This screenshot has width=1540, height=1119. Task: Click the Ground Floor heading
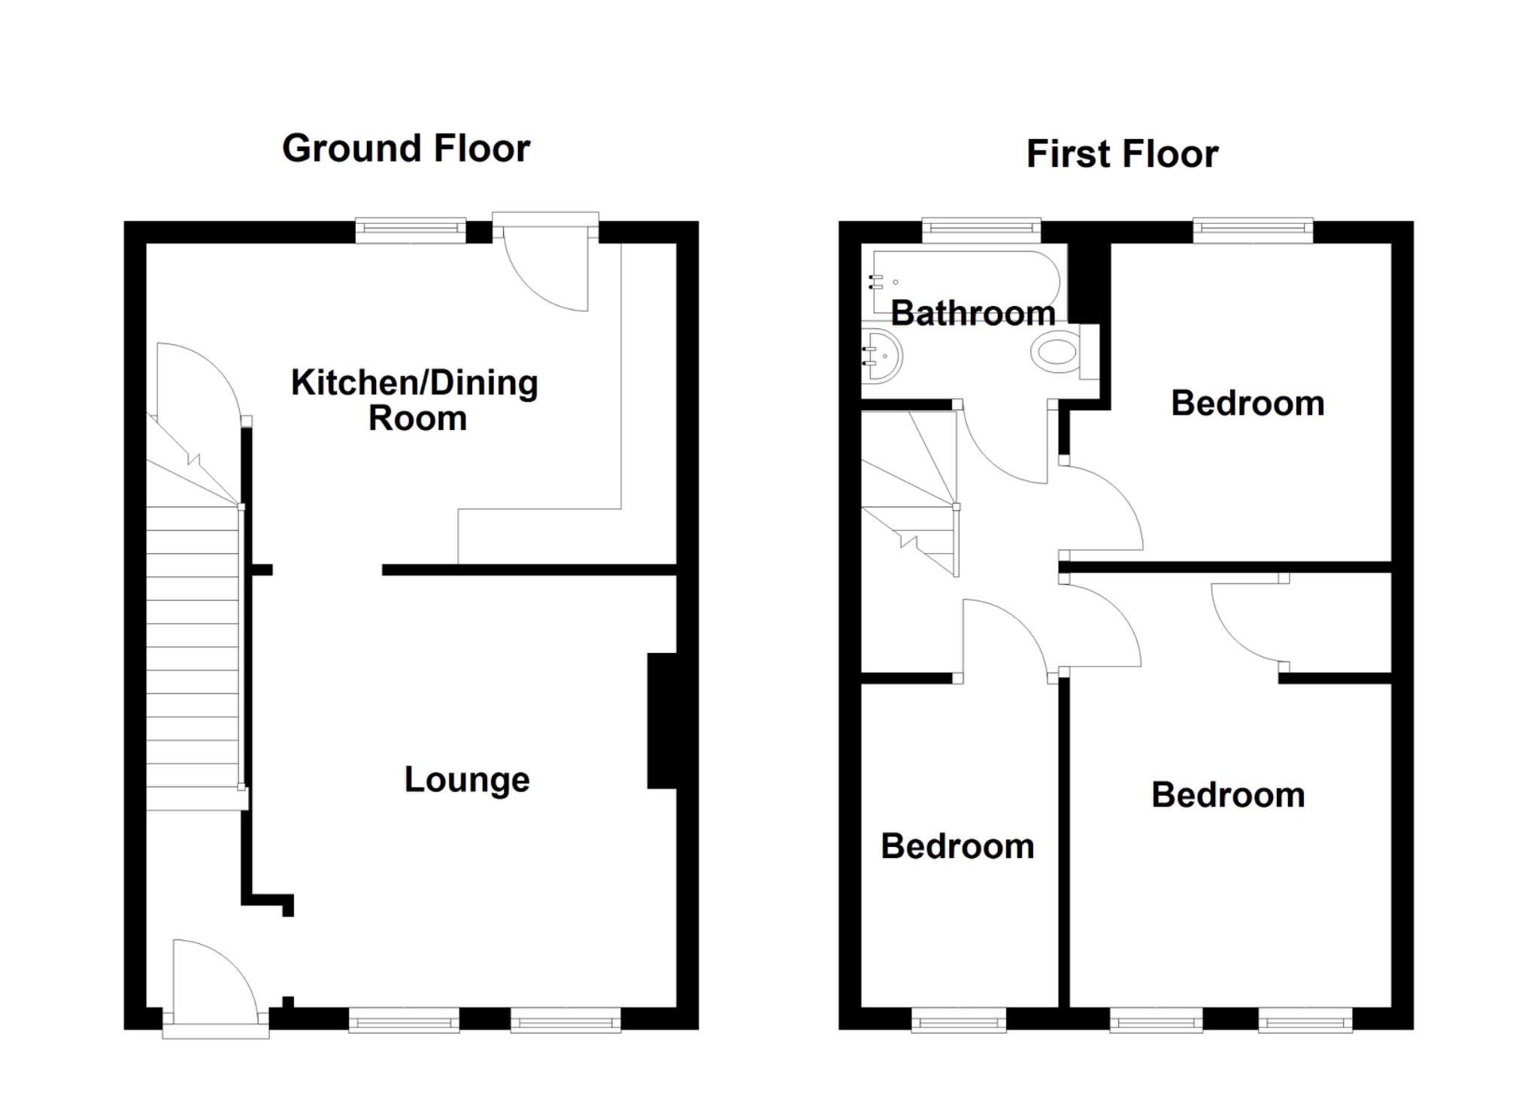(406, 148)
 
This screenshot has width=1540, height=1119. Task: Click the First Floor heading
(1121, 154)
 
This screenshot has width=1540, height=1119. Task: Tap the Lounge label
(466, 779)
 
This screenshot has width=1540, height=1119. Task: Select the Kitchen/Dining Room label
(414, 400)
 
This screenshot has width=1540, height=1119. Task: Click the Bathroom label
(973, 313)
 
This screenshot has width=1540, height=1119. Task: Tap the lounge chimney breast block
(662, 721)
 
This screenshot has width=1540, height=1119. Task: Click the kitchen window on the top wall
(411, 231)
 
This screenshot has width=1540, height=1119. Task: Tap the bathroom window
(981, 231)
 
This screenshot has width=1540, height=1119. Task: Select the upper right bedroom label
(1247, 404)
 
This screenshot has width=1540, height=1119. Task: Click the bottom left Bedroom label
(957, 846)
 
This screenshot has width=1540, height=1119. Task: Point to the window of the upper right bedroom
(1253, 231)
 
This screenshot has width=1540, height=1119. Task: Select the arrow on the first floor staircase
(908, 540)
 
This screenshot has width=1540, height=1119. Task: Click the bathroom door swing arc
(1004, 451)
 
